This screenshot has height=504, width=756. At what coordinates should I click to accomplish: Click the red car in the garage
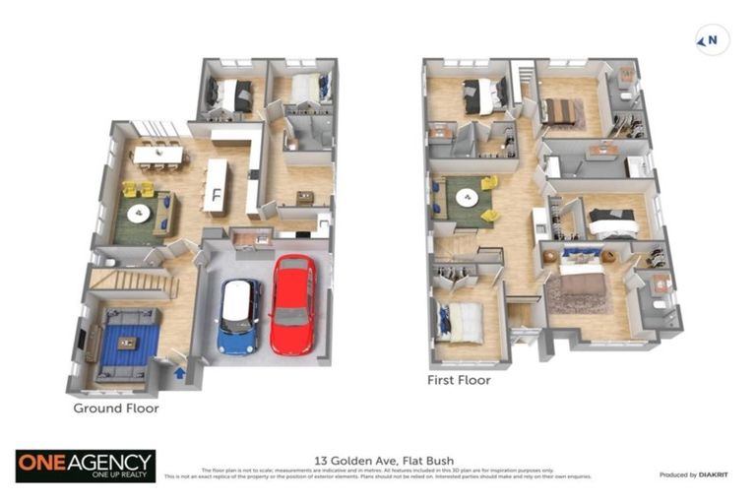click(x=293, y=304)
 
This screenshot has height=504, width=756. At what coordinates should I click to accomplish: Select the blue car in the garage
click(x=238, y=316)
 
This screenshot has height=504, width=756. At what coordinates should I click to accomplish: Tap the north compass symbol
click(x=712, y=40)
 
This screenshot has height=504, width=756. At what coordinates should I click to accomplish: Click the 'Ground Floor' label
click(x=116, y=408)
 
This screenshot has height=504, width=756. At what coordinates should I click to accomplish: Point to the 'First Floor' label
click(x=459, y=379)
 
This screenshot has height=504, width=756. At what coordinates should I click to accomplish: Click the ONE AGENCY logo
click(x=85, y=466)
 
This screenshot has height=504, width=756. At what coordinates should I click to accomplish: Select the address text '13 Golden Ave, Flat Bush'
click(x=377, y=460)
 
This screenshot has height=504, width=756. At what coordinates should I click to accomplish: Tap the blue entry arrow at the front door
click(x=179, y=372)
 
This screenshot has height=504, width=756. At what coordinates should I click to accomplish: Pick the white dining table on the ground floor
click(x=158, y=155)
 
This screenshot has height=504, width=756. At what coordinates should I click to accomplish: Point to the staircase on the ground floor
click(x=132, y=283)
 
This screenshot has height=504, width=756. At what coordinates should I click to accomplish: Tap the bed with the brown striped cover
click(x=560, y=112)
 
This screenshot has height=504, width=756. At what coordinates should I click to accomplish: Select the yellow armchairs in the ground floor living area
click(x=138, y=188)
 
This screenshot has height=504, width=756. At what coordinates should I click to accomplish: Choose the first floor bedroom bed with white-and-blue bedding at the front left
click(x=462, y=322)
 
